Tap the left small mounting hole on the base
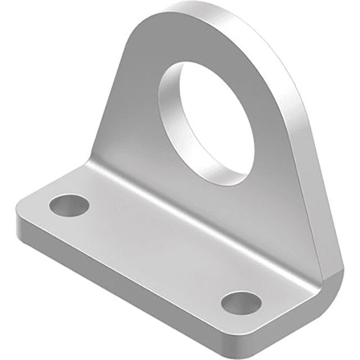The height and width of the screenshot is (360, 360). point(69,205)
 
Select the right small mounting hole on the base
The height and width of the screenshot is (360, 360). point(241,302)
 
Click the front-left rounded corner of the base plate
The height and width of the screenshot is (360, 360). point(22,225)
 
